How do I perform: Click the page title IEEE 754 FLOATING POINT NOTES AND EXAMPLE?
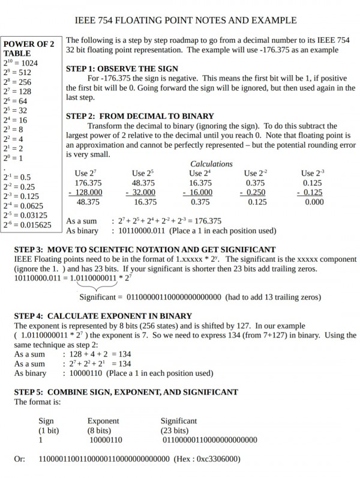click(180, 20)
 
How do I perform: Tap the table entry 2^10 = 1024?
click(21, 63)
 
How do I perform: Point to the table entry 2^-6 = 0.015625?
click(27, 225)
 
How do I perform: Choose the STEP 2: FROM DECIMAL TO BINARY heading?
click(140, 116)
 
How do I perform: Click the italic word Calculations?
click(211, 164)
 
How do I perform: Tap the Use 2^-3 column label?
click(313, 174)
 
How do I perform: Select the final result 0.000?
click(313, 202)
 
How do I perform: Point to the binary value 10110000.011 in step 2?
click(142, 231)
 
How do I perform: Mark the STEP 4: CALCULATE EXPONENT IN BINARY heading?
click(103, 316)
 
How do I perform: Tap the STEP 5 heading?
click(126, 392)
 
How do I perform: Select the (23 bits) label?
click(175, 431)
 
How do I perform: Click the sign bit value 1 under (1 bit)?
click(41, 440)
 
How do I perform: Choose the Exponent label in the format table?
click(103, 421)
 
